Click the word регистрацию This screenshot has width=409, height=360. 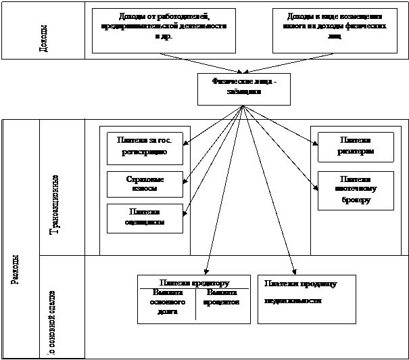pos(145,154)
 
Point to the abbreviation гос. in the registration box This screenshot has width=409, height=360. pos(166,141)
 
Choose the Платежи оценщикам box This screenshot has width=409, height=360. pos(145,218)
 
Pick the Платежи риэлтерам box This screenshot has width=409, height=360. pos(356,146)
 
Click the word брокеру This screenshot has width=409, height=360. pos(356,201)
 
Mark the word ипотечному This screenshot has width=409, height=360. pos(356,189)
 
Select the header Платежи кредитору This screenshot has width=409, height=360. pos(195,282)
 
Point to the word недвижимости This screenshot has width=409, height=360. pos(293,300)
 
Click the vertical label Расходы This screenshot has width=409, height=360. pos(15,271)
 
